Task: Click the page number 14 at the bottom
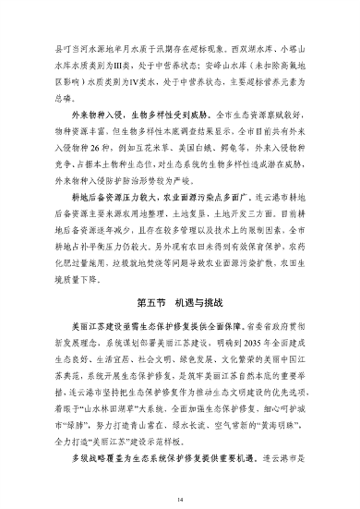[x=181, y=474]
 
